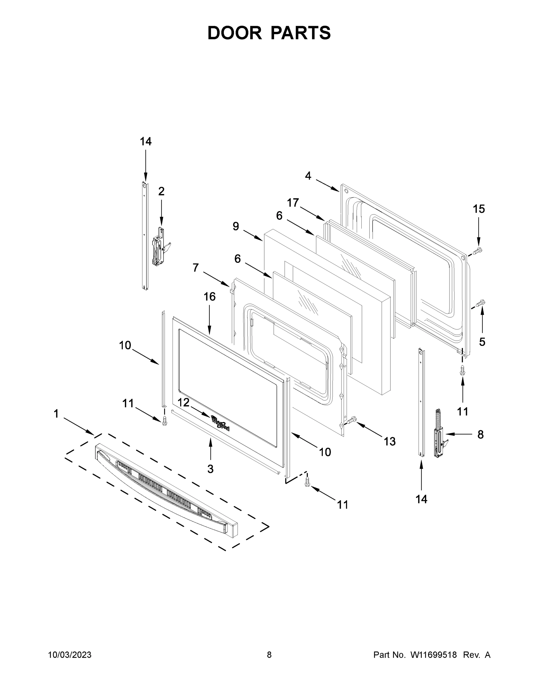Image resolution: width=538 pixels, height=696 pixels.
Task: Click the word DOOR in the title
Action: click(x=234, y=33)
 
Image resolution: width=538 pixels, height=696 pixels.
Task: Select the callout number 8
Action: click(x=480, y=434)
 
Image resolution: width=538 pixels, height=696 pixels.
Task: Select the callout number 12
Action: click(x=184, y=403)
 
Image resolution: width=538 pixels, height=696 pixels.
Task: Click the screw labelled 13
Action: click(x=350, y=421)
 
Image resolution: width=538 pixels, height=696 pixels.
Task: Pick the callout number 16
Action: click(x=209, y=297)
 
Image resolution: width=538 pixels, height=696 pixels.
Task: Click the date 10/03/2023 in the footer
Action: click(x=70, y=655)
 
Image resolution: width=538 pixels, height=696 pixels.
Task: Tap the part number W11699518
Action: click(x=434, y=655)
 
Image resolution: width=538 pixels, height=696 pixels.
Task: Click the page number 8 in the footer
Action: click(x=269, y=655)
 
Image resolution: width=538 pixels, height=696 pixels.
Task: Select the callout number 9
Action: click(x=236, y=226)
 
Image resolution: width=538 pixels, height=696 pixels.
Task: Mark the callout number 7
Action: click(x=195, y=268)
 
